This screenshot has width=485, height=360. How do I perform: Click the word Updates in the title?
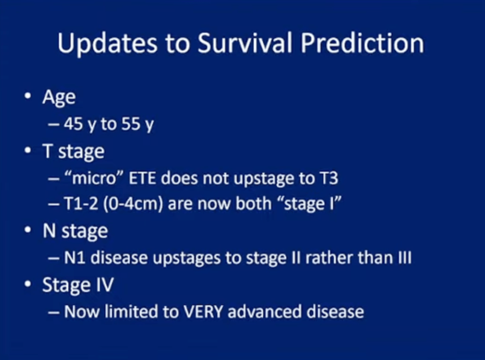(107, 44)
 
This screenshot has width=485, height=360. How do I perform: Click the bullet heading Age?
(59, 98)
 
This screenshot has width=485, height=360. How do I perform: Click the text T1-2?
(81, 203)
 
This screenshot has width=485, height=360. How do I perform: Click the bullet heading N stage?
(75, 231)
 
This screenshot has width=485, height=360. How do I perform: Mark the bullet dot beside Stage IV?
(28, 283)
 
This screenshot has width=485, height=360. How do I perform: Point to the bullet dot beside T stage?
(28, 150)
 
